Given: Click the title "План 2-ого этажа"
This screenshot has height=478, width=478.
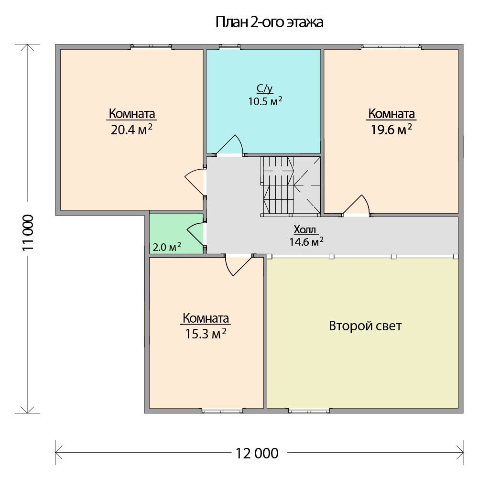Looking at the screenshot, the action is pyautogui.click(x=269, y=22).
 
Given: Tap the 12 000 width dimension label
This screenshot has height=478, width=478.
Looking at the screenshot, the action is pyautogui.click(x=257, y=453).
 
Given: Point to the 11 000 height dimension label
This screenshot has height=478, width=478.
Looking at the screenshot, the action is pyautogui.click(x=28, y=233).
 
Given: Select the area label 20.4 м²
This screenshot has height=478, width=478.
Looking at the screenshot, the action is pyautogui.click(x=131, y=130).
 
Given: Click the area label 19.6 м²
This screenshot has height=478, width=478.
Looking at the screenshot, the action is pyautogui.click(x=391, y=130).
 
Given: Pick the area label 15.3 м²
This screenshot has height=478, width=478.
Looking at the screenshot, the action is pyautogui.click(x=206, y=334).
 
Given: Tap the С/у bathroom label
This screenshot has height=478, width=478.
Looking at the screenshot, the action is pyautogui.click(x=265, y=88).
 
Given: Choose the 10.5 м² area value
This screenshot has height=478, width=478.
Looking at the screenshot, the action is pyautogui.click(x=265, y=101).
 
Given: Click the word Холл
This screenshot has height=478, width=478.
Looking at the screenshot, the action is pyautogui.click(x=305, y=229).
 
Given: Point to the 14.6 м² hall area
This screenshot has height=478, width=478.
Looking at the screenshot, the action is pyautogui.click(x=306, y=242).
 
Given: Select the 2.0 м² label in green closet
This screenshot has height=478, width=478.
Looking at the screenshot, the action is pyautogui.click(x=167, y=247).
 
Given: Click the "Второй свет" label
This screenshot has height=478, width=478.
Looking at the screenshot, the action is pyautogui.click(x=365, y=326).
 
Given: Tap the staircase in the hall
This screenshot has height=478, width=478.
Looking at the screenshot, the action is pyautogui.click(x=290, y=185).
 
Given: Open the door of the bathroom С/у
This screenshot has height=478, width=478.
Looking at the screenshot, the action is pyautogui.click(x=229, y=146).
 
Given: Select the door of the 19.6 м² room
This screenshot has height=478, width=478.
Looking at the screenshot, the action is pyautogui.click(x=356, y=206).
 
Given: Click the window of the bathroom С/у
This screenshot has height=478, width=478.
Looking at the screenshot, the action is pyautogui.click(x=229, y=47).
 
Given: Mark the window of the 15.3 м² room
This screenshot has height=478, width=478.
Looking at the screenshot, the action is pyautogui.click(x=222, y=411).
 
